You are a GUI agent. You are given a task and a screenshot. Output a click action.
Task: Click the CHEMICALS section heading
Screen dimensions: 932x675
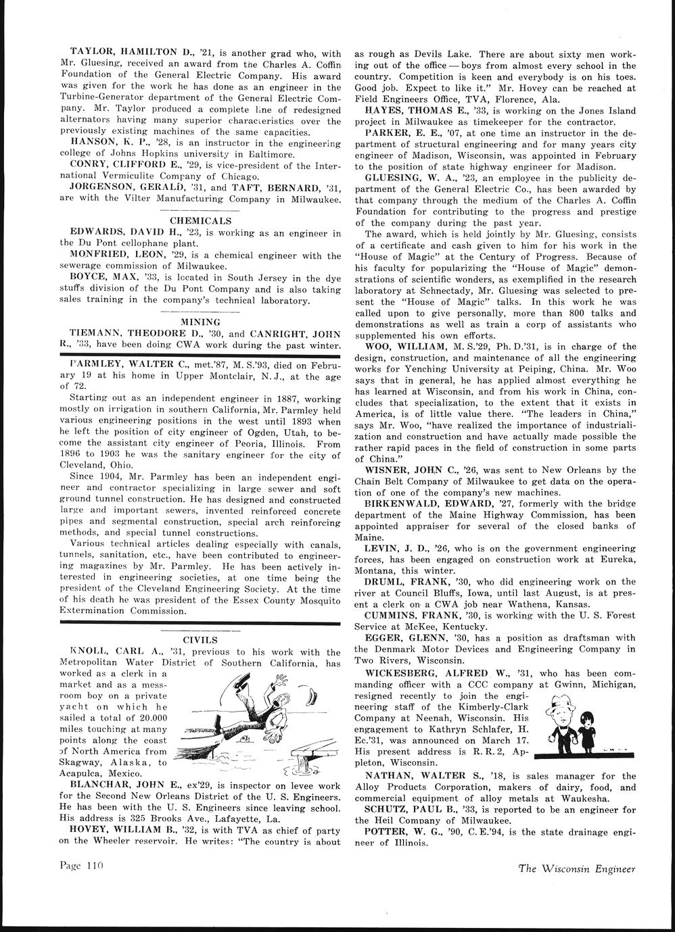[200, 220]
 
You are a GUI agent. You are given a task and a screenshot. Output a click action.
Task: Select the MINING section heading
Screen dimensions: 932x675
[202, 322]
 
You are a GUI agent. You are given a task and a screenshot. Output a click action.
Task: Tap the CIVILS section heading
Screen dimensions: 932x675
[200, 639]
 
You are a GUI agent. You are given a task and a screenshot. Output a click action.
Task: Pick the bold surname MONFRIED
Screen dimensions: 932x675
[99, 255]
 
